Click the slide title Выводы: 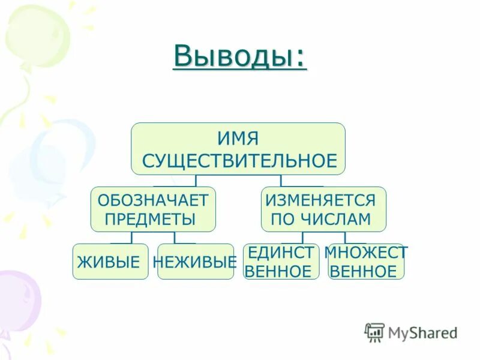pyautogui.click(x=239, y=56)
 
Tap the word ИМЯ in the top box pyautogui.click(x=239, y=139)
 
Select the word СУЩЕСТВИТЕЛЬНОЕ pyautogui.click(x=239, y=161)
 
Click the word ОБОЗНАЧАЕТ pyautogui.click(x=152, y=199)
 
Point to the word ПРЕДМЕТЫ pyautogui.click(x=150, y=219)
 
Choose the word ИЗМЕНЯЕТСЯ pyautogui.click(x=320, y=199)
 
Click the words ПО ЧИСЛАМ pyautogui.click(x=321, y=219)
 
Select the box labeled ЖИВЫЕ pyautogui.click(x=110, y=262)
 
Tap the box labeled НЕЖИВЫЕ pyautogui.click(x=195, y=262)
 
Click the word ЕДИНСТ pyautogui.click(x=281, y=252)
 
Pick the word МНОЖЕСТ pyautogui.click(x=366, y=252)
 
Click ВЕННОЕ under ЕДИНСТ pyautogui.click(x=279, y=271)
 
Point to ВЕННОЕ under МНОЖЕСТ pyautogui.click(x=364, y=271)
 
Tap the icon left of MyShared pyautogui.click(x=374, y=332)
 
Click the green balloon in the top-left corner pyautogui.click(x=36, y=33)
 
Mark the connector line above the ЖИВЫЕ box pyautogui.click(x=131, y=238)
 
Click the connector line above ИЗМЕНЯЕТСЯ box pyautogui.click(x=281, y=181)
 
